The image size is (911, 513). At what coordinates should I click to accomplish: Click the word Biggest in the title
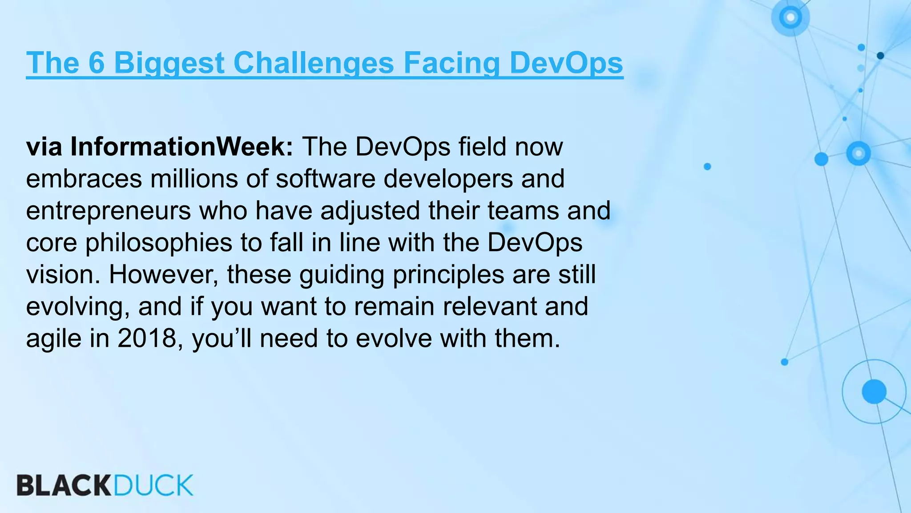169,63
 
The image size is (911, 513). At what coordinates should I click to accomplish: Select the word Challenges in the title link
314,63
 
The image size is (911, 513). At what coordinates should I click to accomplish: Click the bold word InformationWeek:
181,147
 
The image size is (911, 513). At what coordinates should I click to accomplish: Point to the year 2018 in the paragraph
147,338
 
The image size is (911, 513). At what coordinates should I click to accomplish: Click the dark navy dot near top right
880,56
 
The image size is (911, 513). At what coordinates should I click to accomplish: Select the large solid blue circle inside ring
874,391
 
